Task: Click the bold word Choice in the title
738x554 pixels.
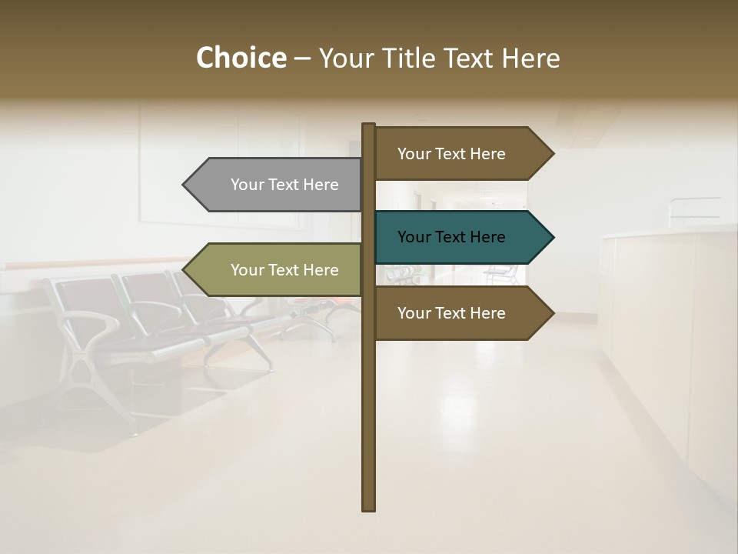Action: point(241,58)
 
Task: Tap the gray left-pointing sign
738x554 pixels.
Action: point(277,185)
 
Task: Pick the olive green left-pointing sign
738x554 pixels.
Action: point(277,270)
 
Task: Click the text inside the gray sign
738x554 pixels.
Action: point(284,185)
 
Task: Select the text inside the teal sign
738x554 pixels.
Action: point(451,237)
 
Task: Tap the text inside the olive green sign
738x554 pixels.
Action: point(284,270)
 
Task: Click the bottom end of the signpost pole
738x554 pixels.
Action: point(369,508)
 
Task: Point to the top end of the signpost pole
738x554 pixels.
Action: point(369,125)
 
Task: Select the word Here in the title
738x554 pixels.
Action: point(531,58)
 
